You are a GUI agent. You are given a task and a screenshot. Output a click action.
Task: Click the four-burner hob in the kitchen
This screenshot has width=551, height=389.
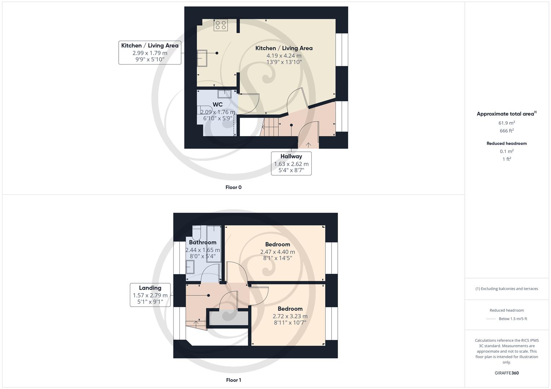[x=221, y=25]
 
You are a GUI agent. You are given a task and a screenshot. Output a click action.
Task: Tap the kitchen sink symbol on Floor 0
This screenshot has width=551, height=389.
[x=202, y=58]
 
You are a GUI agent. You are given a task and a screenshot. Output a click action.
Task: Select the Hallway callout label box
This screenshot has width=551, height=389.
[x=291, y=163]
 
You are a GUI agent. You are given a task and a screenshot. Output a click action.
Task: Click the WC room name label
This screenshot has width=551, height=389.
[x=218, y=104]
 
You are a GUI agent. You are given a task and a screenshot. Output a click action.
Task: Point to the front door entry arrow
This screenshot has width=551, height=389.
[x=309, y=145]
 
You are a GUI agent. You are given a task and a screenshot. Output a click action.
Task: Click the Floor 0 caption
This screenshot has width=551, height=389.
[x=233, y=187]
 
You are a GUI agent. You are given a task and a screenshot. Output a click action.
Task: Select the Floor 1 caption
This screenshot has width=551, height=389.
[x=233, y=380]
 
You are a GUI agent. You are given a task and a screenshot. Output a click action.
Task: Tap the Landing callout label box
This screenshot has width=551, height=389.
[x=150, y=295]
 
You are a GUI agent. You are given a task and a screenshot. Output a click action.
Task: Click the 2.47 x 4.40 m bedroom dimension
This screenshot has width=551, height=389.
[x=277, y=252]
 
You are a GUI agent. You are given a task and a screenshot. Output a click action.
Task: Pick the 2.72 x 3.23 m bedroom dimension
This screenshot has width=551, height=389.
[x=290, y=316]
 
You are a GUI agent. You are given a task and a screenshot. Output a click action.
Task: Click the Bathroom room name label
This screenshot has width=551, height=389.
[x=202, y=242]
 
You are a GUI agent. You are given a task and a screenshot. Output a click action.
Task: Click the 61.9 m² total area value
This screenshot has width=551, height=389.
[x=507, y=123]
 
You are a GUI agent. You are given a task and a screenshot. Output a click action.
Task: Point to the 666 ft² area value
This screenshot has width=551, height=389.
[x=507, y=131]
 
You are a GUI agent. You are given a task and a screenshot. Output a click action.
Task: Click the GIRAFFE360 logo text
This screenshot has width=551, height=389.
[x=507, y=373]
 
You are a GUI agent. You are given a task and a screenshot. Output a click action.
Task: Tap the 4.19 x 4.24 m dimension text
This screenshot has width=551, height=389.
[x=284, y=55]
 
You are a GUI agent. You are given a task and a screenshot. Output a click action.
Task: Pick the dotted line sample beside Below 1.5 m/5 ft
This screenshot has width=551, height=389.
[x=491, y=319]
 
